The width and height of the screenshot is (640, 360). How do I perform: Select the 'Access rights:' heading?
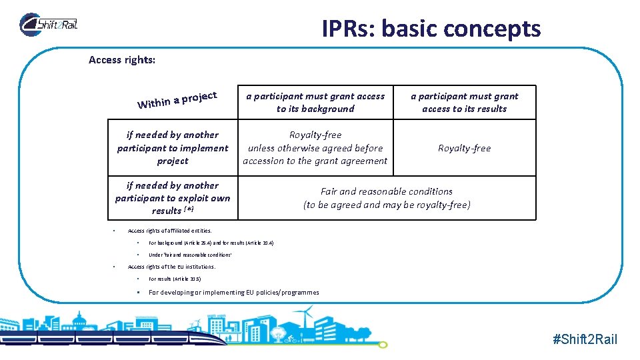click(122, 60)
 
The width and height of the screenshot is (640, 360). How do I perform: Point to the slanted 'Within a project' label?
click(177, 99)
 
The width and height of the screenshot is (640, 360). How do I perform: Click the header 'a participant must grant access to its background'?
click(315, 102)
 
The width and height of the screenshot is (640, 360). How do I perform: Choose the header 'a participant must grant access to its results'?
click(464, 102)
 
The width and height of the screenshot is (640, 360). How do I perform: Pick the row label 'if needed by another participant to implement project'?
click(173, 147)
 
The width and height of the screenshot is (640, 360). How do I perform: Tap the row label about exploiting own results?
click(173, 198)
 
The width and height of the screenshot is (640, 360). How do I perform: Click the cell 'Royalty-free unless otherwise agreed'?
click(315, 147)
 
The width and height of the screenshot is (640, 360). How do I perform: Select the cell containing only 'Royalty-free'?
click(464, 148)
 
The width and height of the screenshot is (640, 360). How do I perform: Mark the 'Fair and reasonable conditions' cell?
click(387, 198)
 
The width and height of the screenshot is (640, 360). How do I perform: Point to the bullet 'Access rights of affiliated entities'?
click(169, 231)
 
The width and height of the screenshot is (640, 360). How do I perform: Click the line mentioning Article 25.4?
click(211, 243)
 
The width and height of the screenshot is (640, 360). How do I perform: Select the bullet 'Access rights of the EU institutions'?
click(171, 267)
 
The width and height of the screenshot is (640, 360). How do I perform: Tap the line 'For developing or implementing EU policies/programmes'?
click(233, 292)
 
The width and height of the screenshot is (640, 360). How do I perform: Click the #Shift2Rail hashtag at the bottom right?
click(585, 339)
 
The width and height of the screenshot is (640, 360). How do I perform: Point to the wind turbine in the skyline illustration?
click(307, 319)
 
